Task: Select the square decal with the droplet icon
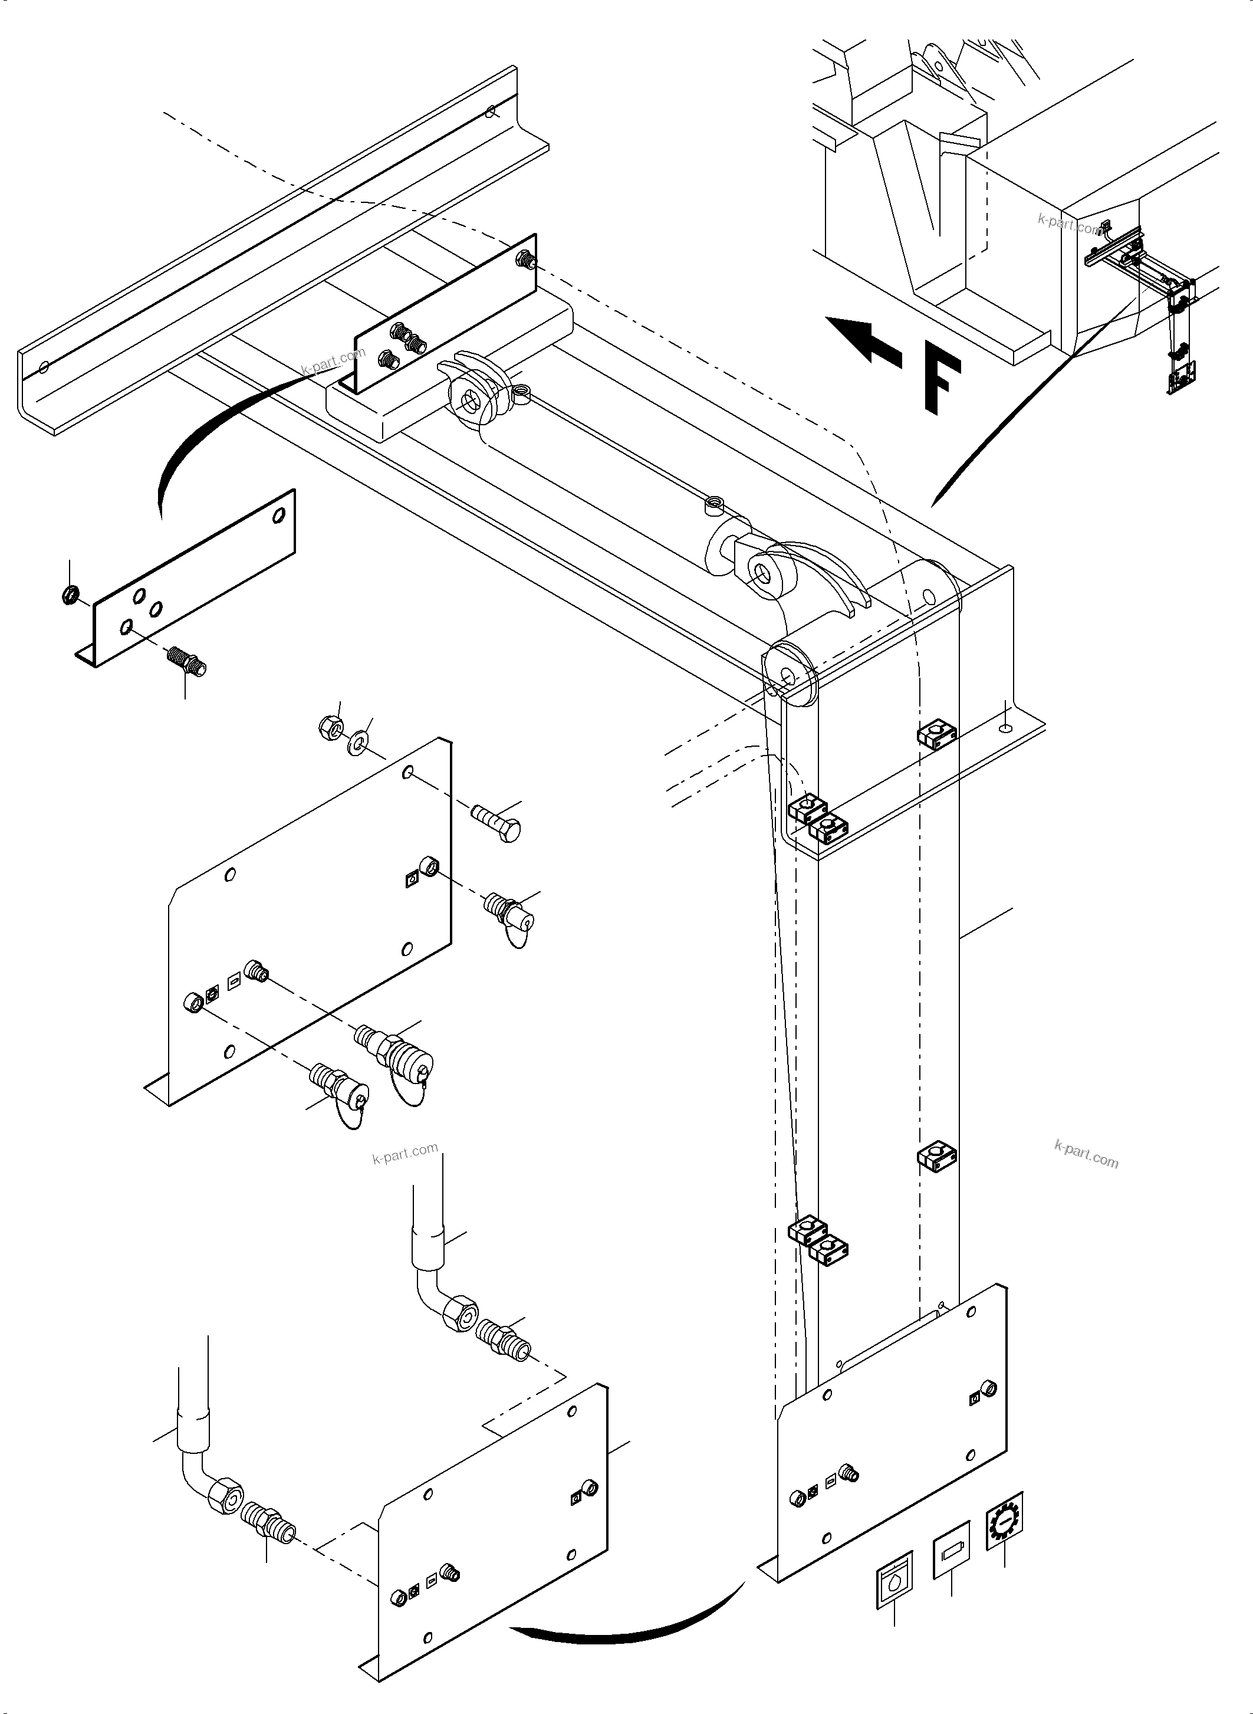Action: coord(894,1581)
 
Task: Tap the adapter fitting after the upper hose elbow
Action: coord(503,1341)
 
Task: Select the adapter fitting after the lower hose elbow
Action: coord(268,1523)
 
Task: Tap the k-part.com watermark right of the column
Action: coord(1086,1154)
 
